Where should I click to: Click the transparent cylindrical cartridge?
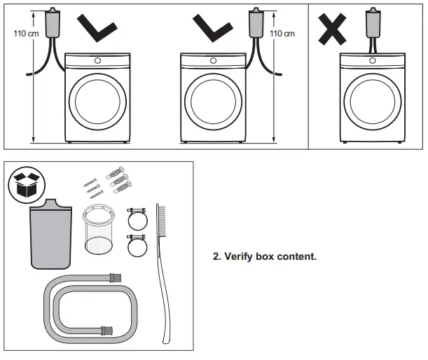point(98,230)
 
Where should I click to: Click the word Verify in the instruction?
point(239,257)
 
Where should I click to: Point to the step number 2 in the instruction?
point(216,257)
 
